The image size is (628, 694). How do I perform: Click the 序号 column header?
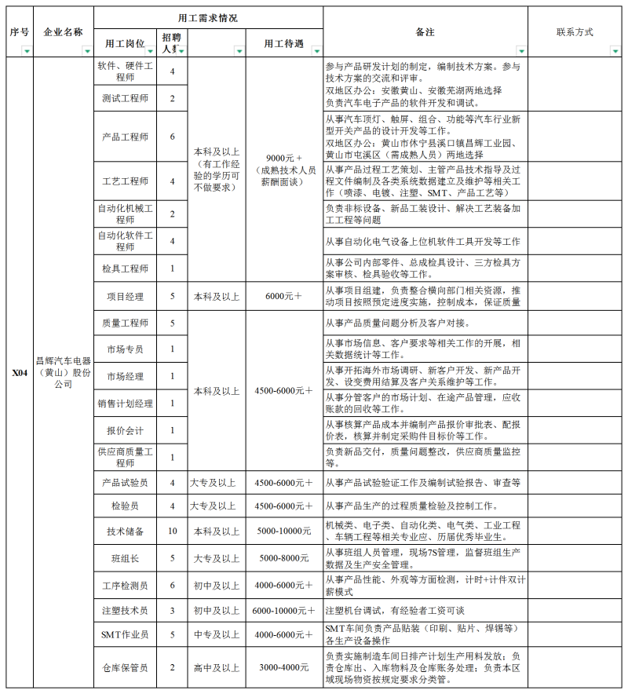(x=20, y=32)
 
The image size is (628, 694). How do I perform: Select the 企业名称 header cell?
(x=63, y=32)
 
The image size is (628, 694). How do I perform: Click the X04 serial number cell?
(x=20, y=374)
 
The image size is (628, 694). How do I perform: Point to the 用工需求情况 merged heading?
(x=208, y=17)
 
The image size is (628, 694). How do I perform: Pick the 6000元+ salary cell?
(x=283, y=297)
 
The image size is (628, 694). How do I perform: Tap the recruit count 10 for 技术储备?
(x=172, y=531)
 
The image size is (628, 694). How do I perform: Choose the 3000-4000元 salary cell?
(x=283, y=667)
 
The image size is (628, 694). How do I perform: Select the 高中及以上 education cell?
(x=216, y=667)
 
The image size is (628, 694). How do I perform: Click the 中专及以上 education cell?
(x=216, y=634)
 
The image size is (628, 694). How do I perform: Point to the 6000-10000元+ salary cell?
(x=283, y=610)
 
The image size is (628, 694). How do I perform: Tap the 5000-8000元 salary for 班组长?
(x=283, y=558)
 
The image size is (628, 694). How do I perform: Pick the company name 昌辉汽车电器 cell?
(x=63, y=374)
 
